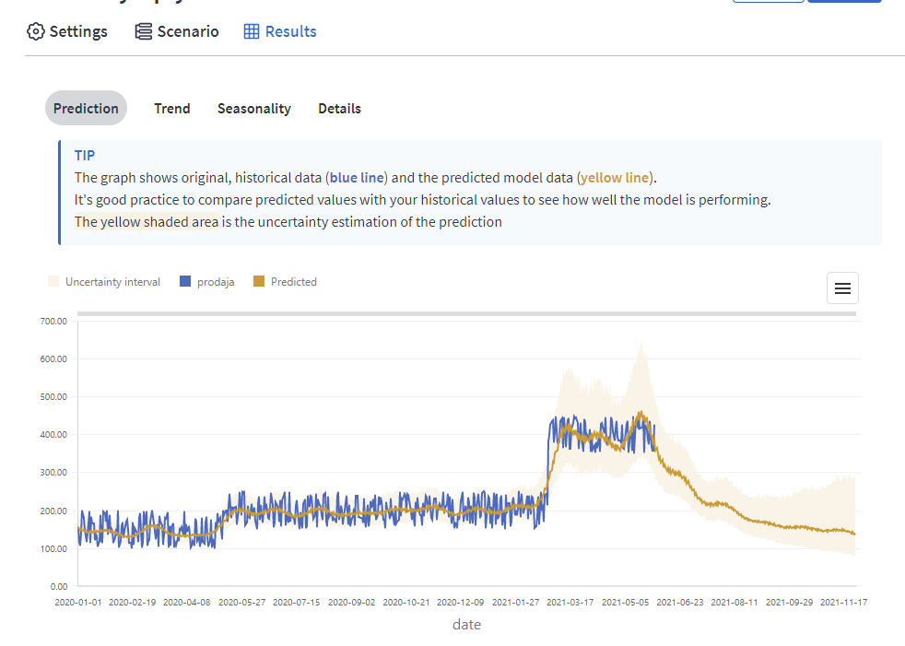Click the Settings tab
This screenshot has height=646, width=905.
click(x=68, y=31)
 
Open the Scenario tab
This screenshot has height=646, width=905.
click(x=177, y=31)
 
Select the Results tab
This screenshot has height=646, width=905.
click(x=280, y=31)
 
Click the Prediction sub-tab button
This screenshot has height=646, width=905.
click(x=86, y=108)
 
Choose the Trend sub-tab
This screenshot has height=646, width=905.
click(x=172, y=108)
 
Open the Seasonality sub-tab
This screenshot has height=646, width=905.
click(x=253, y=108)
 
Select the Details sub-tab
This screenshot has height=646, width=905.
click(x=339, y=108)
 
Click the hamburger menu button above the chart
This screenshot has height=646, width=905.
click(x=842, y=288)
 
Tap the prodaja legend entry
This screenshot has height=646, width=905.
click(x=207, y=282)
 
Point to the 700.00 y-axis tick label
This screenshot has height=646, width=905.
click(x=54, y=321)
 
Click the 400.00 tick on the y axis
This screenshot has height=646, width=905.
click(x=54, y=435)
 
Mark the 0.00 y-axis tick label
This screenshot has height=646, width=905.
click(x=58, y=586)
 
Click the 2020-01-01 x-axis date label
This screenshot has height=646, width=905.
click(x=77, y=602)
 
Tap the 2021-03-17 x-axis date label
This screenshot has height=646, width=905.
click(x=570, y=602)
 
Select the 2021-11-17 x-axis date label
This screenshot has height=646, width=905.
click(x=843, y=602)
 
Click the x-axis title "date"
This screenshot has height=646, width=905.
click(x=466, y=624)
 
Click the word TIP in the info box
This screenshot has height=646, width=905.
click(x=85, y=155)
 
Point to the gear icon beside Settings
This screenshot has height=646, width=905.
click(x=36, y=31)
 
